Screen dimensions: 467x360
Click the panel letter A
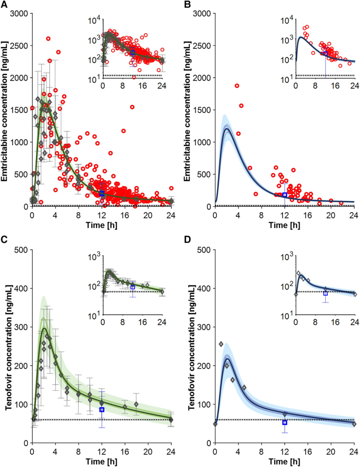pos(4,4)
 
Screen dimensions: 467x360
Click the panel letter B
pos(187,4)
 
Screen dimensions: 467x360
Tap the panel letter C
pos(4,239)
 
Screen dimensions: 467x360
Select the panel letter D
pos(187,239)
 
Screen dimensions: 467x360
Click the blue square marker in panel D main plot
pos(285,422)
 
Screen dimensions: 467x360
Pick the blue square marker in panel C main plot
pos(102,410)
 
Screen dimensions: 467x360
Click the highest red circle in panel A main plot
pos(48,39)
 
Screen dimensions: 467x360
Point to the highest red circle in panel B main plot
pos(237,86)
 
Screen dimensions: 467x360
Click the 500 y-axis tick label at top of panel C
pos(21,250)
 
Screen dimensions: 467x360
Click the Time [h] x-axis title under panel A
pos(102,225)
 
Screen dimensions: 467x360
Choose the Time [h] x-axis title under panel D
pos(284,462)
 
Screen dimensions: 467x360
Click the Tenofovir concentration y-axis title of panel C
pos(8,346)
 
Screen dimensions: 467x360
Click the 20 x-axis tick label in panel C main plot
pos(148,452)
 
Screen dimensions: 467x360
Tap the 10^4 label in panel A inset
pos(94,21)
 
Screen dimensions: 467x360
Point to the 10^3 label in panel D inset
pos(287,257)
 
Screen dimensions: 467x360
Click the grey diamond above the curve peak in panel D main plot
pos(221,344)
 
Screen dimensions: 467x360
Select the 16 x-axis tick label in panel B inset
pos(335,86)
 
